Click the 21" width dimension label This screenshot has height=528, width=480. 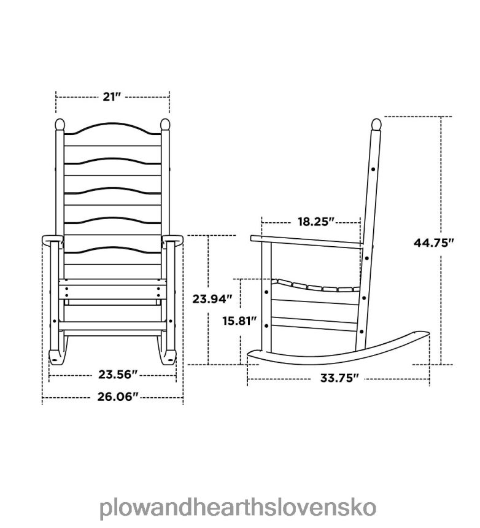[x=112, y=96]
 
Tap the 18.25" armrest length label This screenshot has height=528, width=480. [x=311, y=221]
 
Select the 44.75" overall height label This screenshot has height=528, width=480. [x=433, y=242]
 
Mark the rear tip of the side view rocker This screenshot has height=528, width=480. [x=424, y=335]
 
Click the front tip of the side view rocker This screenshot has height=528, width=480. [x=252, y=354]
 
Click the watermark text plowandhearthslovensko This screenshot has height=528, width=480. [x=239, y=492]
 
